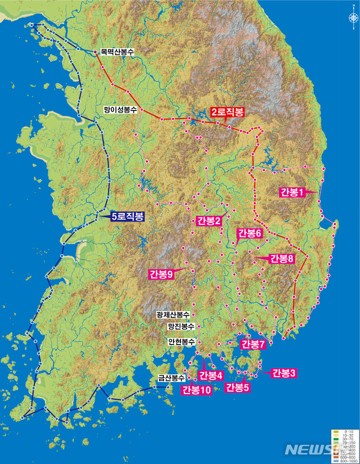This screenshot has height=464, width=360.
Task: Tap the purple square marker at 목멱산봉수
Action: tap(95, 51)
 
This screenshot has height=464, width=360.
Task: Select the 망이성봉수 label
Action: tap(120, 108)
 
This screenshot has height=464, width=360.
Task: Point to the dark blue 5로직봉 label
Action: tap(127, 216)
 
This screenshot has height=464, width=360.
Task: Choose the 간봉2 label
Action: tap(209, 221)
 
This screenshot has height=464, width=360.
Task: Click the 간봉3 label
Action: tap(283, 372)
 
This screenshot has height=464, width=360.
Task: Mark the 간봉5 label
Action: tap(237, 387)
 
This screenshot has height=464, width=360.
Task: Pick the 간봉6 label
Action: tap(249, 233)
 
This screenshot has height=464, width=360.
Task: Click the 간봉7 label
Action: tap(252, 344)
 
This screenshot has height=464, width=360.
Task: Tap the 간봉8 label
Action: tap(282, 258)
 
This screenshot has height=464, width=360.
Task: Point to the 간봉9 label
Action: tap(161, 273)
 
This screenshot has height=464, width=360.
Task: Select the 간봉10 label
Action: tap(196, 390)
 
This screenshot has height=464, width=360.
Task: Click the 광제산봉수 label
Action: tap(172, 315)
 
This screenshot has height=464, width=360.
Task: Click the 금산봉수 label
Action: tap(171, 378)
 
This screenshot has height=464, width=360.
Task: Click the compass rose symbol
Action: tap(353, 17)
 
